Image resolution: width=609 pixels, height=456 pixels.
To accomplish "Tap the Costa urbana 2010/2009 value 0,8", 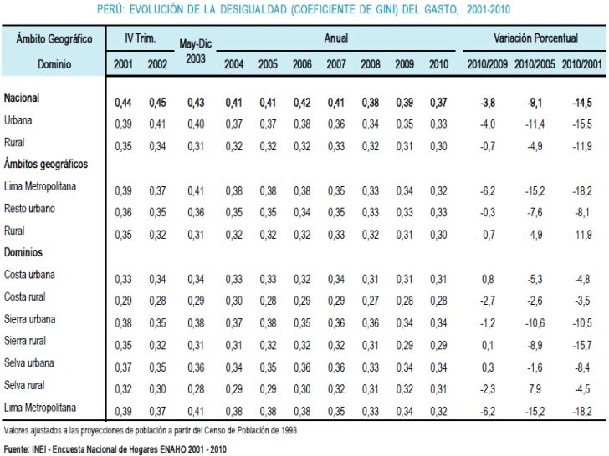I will pos(485,278).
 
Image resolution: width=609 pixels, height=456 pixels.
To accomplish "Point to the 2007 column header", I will pos(335,64).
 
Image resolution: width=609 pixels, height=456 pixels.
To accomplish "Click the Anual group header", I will pos(336,39).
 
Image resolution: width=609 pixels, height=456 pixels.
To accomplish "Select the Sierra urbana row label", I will pos(31,318).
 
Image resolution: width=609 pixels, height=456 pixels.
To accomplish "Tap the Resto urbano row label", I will pos(30,209).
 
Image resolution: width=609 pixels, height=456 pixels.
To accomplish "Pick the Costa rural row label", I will pos(25,296).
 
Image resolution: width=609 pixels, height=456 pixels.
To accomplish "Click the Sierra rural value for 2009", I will pos(405,342).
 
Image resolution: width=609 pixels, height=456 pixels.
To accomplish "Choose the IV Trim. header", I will pos(141,39).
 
